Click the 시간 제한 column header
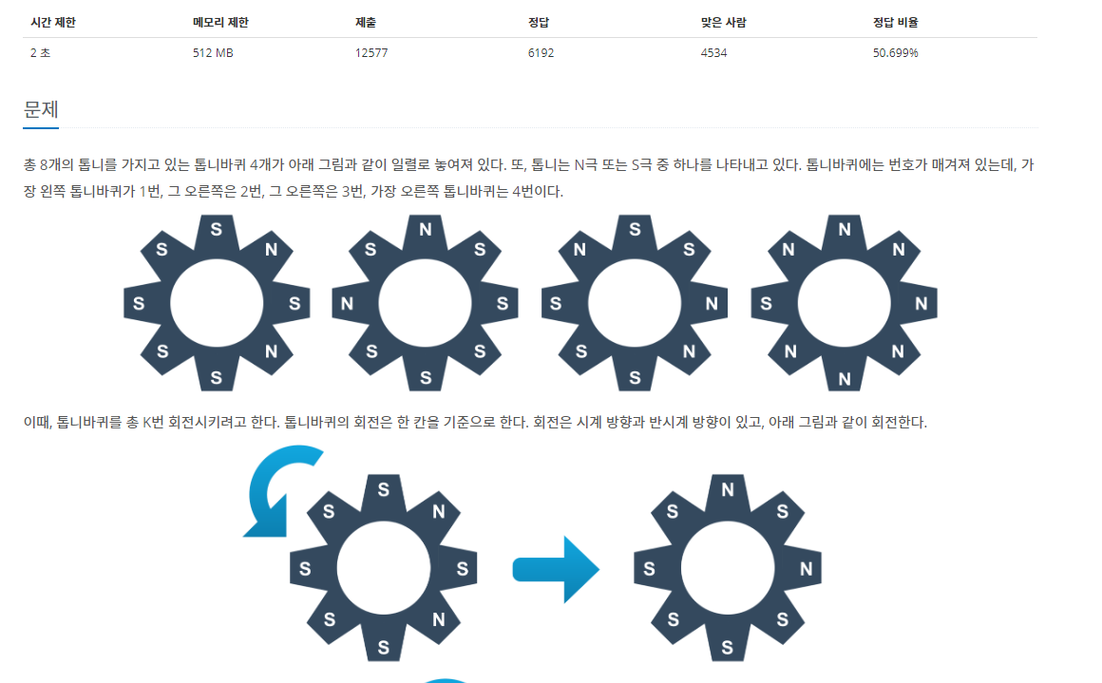click(x=52, y=22)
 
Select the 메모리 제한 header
click(x=220, y=22)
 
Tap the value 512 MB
click(x=213, y=53)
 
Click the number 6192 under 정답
click(x=541, y=53)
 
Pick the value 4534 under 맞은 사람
click(x=713, y=53)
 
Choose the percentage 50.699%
click(x=896, y=53)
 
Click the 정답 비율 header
click(x=896, y=22)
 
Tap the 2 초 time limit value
click(x=40, y=53)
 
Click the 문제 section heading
click(x=41, y=109)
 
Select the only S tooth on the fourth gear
click(x=767, y=304)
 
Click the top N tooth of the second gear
click(x=426, y=229)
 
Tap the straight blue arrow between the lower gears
click(x=557, y=569)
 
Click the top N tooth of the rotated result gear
click(x=728, y=490)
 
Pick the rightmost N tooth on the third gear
click(x=712, y=304)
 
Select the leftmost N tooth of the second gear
click(x=348, y=304)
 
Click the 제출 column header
click(x=366, y=22)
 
